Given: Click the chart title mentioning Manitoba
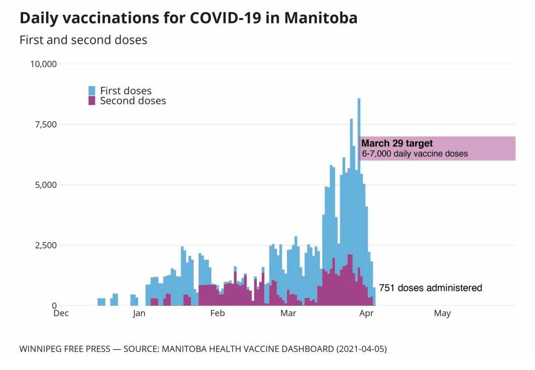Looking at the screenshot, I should click(x=188, y=18).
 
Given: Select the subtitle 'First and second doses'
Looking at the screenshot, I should click(x=83, y=40).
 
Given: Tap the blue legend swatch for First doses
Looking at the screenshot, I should click(x=92, y=90).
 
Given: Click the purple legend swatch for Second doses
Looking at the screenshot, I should click(x=92, y=101).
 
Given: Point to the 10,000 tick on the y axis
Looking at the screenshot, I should click(x=45, y=64).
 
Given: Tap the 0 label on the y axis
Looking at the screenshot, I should click(x=55, y=306).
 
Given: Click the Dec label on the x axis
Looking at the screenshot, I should click(x=62, y=313).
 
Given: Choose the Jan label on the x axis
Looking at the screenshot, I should click(x=139, y=313).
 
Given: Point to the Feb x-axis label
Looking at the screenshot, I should click(x=217, y=313).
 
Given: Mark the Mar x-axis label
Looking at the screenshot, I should click(x=288, y=313).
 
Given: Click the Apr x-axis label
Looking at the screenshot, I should click(x=367, y=313).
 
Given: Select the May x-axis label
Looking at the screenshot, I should click(x=442, y=313).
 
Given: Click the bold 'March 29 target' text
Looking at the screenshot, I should click(x=397, y=143).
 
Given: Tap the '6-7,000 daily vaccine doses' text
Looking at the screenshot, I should click(x=415, y=154).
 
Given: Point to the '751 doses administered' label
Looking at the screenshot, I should click(x=430, y=288).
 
